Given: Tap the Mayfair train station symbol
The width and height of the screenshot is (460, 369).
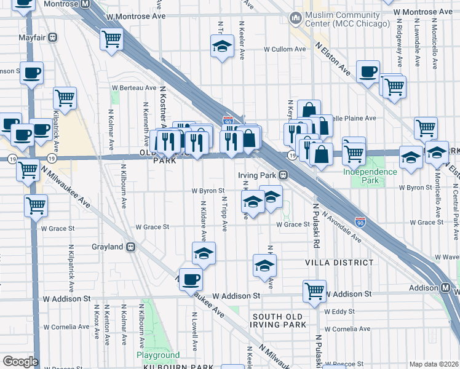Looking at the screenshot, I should point(54,37).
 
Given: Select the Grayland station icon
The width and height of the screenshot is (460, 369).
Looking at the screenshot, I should point(130,247).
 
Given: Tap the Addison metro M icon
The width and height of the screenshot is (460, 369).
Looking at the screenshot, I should point(446,288).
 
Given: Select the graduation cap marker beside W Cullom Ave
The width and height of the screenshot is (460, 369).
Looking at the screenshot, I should point(222,46).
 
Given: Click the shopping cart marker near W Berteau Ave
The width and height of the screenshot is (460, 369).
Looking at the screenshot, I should point(65,97).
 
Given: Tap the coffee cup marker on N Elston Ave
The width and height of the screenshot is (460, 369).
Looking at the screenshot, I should point(368,72).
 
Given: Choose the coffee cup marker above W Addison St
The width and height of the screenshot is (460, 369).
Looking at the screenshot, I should point(191,279).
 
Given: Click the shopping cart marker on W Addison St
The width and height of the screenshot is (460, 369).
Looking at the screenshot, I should point(314,290).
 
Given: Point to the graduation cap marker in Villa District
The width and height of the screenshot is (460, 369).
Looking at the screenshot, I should point(265,265).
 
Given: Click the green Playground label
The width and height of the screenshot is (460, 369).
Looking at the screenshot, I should point(158,355).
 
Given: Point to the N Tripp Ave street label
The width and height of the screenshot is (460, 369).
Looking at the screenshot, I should point(224,214).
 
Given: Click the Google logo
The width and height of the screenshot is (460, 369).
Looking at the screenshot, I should point(20,362).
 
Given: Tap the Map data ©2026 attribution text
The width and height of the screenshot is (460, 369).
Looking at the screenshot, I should point(434,364).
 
